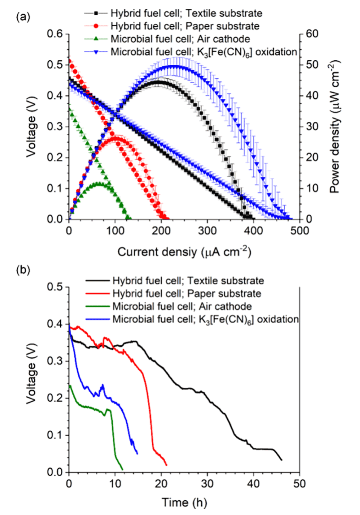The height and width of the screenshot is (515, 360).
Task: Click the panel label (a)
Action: click(23, 17)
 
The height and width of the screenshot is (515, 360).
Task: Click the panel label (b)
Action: click(23, 270)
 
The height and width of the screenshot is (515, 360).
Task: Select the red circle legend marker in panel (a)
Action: click(96, 26)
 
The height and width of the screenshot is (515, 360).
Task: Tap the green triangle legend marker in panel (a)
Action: click(96, 39)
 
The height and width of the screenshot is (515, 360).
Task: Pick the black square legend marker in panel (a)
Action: click(96, 13)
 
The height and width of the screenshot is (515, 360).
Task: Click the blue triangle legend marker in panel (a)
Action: click(96, 52)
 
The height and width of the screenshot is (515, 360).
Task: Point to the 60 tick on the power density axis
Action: click(312, 34)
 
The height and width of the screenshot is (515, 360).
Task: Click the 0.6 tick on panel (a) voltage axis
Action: click(55, 34)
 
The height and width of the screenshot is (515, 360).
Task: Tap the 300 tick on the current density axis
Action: click(207, 230)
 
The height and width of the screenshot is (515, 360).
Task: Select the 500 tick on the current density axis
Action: click(300, 230)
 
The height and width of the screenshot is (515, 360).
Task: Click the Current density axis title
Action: click(184, 251)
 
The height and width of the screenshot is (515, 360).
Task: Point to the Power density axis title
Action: click(335, 127)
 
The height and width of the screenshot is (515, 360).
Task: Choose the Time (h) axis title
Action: click(184, 502)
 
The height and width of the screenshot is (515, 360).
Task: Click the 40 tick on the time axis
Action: click(253, 483)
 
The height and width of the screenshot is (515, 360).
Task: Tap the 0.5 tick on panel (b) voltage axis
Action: click(55, 287)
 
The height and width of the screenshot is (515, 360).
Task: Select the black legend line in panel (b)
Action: click(98, 281)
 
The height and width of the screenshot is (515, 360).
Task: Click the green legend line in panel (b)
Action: click(98, 306)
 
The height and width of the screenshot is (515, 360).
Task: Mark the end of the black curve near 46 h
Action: click(281, 460)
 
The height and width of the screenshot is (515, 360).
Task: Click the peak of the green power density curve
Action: click(99, 183)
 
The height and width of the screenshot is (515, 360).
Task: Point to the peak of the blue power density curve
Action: click(174, 67)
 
